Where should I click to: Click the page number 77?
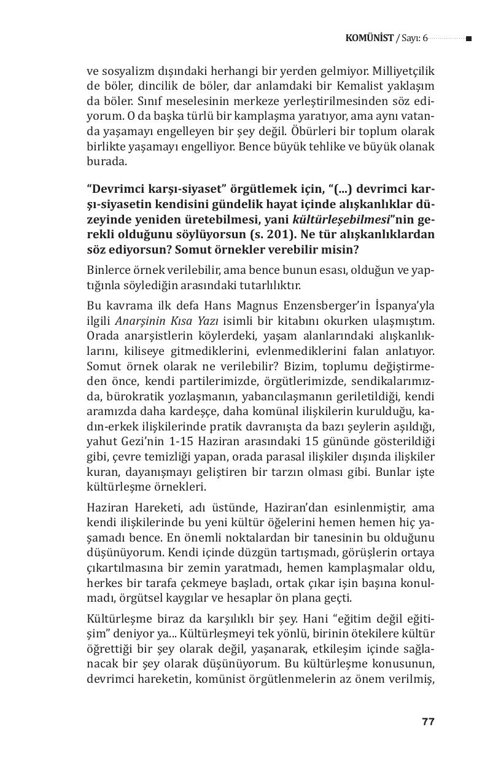click(x=428, y=721)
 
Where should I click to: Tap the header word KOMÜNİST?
click(x=370, y=39)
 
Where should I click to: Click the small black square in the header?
click(x=469, y=39)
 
